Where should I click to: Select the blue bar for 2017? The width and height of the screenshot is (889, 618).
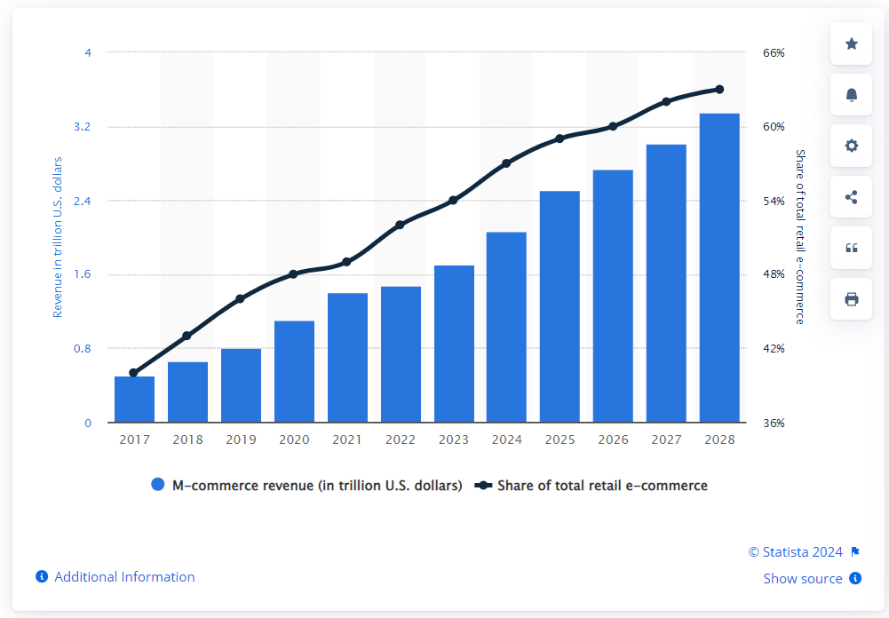click(134, 400)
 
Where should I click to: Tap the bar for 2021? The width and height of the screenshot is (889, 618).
click(347, 358)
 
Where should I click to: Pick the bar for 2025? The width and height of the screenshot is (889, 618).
click(560, 306)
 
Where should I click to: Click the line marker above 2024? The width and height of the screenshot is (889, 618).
click(506, 163)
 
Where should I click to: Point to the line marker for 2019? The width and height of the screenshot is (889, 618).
click(240, 299)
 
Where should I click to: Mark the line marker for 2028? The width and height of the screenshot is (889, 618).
click(719, 90)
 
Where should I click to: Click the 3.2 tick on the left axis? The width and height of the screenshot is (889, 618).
click(83, 127)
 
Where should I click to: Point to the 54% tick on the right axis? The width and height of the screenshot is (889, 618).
click(774, 202)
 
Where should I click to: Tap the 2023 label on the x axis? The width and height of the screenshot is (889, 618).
click(454, 440)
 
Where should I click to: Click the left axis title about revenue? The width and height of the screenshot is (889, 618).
click(59, 237)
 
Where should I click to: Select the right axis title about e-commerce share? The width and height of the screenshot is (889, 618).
click(799, 237)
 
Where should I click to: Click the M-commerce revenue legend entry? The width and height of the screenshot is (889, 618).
click(307, 486)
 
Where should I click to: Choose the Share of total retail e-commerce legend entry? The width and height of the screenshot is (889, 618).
click(592, 486)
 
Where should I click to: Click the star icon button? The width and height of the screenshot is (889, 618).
click(852, 44)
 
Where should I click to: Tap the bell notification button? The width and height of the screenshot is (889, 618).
click(852, 95)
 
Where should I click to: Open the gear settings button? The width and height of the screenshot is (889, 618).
click(852, 146)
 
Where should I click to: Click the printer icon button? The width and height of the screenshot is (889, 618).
click(852, 299)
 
